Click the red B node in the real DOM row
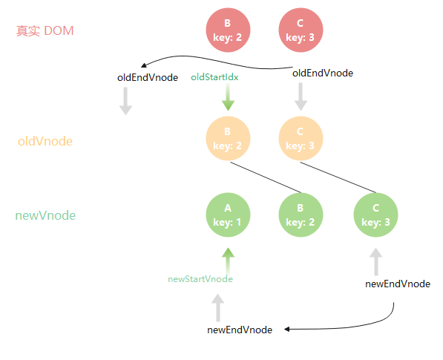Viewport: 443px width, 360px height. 228,30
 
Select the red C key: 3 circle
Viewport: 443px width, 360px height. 301,30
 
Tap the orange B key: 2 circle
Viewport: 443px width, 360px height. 228,139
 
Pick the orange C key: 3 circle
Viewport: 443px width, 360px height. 301,139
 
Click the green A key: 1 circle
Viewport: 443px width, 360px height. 228,215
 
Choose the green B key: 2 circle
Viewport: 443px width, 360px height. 301,215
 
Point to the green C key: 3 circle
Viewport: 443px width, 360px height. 375,215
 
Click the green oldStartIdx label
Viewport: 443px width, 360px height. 214,77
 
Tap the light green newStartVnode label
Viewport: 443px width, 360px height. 200,279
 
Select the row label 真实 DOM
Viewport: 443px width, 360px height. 45,30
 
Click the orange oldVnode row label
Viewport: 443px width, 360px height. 45,141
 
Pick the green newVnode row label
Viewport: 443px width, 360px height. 45,215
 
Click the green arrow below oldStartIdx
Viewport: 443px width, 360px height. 228,97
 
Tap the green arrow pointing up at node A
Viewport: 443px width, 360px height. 228,261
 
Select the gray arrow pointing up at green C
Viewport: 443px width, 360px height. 376,262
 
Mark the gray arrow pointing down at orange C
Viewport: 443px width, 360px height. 301,96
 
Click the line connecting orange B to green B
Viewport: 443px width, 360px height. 266,177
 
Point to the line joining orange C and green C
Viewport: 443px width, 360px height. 338,177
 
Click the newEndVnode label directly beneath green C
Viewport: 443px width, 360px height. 398,284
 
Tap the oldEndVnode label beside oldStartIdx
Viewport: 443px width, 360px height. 148,78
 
